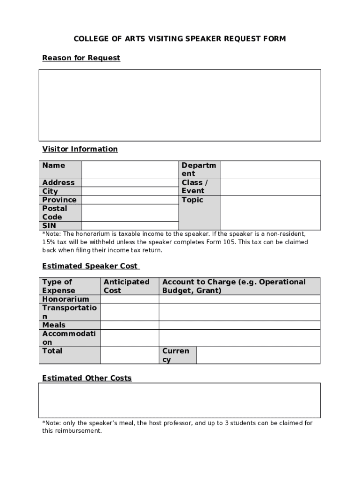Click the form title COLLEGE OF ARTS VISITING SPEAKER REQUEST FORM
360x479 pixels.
point(180,39)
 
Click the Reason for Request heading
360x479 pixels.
point(81,58)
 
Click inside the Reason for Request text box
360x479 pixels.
point(180,105)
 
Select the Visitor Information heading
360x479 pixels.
point(80,149)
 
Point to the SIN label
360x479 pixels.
point(49,226)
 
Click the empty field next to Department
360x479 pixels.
point(270,169)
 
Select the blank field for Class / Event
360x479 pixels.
point(270,187)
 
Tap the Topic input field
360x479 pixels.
point(270,213)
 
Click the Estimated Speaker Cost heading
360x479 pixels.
point(91,266)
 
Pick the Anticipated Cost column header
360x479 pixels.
point(126,286)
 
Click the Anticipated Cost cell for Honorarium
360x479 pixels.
point(130,299)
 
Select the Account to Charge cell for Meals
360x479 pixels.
point(239,325)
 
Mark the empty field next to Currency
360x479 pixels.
point(258,355)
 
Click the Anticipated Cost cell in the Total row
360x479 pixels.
point(130,355)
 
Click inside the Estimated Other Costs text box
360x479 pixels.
point(180,400)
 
